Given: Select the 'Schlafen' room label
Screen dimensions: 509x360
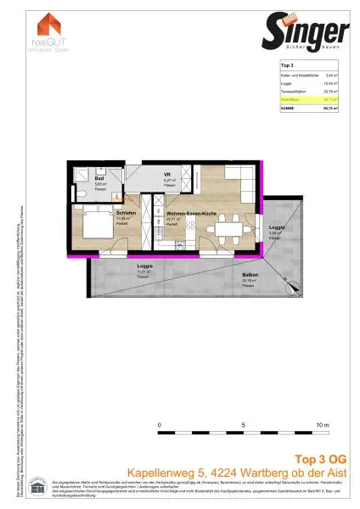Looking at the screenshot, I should pyautogui.click(x=104, y=214).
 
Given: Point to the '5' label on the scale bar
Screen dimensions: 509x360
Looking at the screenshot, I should pyautogui.click(x=243, y=422).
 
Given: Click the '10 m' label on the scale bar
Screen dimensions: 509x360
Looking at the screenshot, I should pyautogui.click(x=321, y=422).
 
